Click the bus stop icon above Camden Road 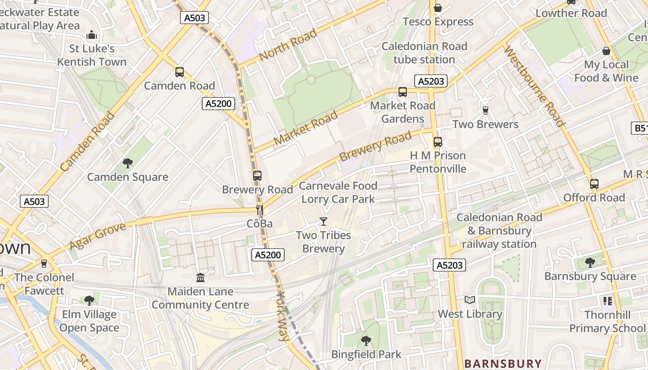click(x=180, y=72)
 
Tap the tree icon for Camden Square click(x=128, y=163)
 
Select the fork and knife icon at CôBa click(x=260, y=210)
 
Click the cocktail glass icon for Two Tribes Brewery click(x=324, y=222)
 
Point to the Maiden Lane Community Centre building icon click(x=200, y=277)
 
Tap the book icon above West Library click(x=470, y=300)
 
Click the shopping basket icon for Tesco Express click(x=437, y=8)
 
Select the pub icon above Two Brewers click(x=485, y=110)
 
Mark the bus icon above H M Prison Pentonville click(x=437, y=142)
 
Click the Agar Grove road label click(x=98, y=236)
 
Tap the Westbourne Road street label click(x=534, y=86)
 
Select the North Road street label click(x=288, y=45)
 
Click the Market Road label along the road click(x=305, y=128)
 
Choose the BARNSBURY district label click(x=503, y=364)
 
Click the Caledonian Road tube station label click(x=424, y=53)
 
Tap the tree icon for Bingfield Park click(x=366, y=341)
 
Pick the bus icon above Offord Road click(x=594, y=184)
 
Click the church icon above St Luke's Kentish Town click(x=92, y=35)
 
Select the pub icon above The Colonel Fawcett click(x=44, y=264)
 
